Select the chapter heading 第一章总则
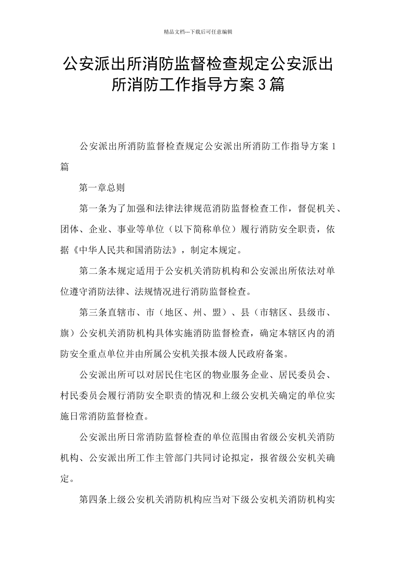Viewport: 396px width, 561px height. (102, 188)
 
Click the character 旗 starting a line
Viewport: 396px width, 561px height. (65, 334)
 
